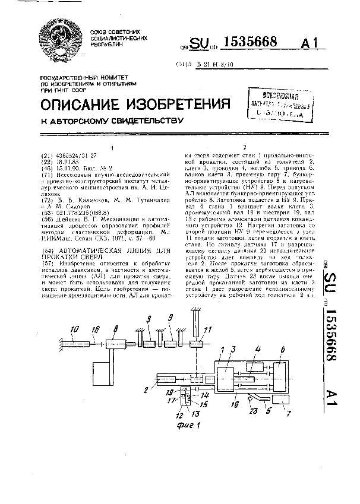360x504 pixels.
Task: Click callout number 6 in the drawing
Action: (283, 350)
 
